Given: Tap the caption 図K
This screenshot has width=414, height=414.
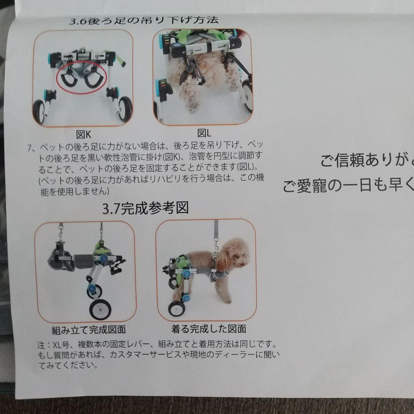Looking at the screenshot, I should (83, 135).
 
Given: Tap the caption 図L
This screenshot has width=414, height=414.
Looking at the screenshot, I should (204, 133).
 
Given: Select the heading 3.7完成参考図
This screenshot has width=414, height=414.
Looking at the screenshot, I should (145, 209).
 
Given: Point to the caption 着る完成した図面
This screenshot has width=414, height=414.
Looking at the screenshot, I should (209, 329).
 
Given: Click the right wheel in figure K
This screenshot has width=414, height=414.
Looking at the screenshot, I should (125, 109).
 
